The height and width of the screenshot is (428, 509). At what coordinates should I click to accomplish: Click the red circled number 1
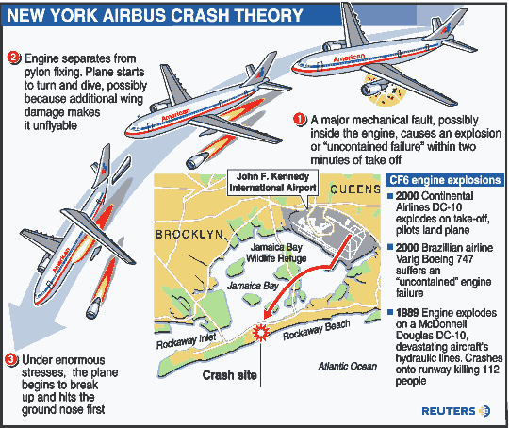coord(300,120)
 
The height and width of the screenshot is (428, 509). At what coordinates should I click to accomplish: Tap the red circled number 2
coord(13,58)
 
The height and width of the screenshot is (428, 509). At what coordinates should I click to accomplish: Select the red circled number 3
coord(11,359)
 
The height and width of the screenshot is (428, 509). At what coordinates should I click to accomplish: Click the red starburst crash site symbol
coord(261,332)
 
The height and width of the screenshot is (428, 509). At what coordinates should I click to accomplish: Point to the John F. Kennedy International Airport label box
coord(272,182)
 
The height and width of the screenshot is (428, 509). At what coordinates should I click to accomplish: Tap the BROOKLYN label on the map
coord(189,235)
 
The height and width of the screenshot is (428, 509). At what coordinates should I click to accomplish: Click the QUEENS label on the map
coord(355,189)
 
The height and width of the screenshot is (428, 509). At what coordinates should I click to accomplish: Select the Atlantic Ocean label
coord(348,367)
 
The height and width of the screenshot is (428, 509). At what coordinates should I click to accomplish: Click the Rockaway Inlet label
coord(187,341)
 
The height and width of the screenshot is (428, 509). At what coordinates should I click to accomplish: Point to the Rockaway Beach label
coord(317,330)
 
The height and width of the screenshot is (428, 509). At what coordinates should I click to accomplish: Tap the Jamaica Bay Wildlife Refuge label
coord(276,253)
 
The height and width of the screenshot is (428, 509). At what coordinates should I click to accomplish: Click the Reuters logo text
coord(449,411)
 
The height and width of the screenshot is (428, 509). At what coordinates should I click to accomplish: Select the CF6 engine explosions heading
coord(445,180)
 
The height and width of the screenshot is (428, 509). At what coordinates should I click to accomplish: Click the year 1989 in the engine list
coord(407,313)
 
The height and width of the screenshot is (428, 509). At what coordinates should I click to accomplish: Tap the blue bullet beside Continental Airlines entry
coord(390,196)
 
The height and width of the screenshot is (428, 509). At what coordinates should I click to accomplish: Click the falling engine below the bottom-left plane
coord(94,307)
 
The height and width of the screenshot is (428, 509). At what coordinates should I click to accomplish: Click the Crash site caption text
coord(230,375)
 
